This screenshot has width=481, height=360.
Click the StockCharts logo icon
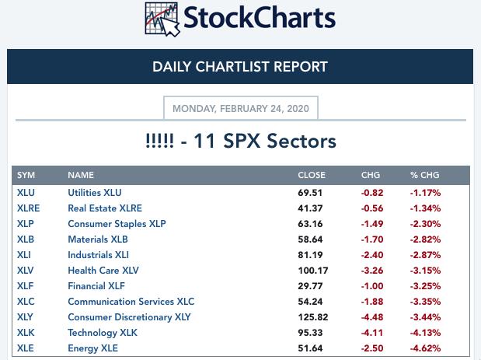162,19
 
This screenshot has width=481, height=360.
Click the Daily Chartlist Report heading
240,67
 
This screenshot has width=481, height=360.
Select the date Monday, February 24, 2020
240,108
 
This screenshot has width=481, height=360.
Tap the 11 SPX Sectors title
240,141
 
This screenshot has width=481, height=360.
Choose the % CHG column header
424,175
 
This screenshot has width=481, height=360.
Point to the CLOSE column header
311,175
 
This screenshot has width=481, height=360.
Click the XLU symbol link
26,192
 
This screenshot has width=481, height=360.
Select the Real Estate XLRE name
105,208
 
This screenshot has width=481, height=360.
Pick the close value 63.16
310,223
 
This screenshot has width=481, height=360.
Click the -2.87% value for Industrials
426,254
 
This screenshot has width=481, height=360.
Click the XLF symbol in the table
26,285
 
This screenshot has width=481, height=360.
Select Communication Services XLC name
131,301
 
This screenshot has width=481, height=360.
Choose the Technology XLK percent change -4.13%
426,332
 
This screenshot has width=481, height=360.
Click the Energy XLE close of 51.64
310,348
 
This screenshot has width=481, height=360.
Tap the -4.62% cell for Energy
426,348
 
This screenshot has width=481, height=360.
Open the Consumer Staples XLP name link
117,223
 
